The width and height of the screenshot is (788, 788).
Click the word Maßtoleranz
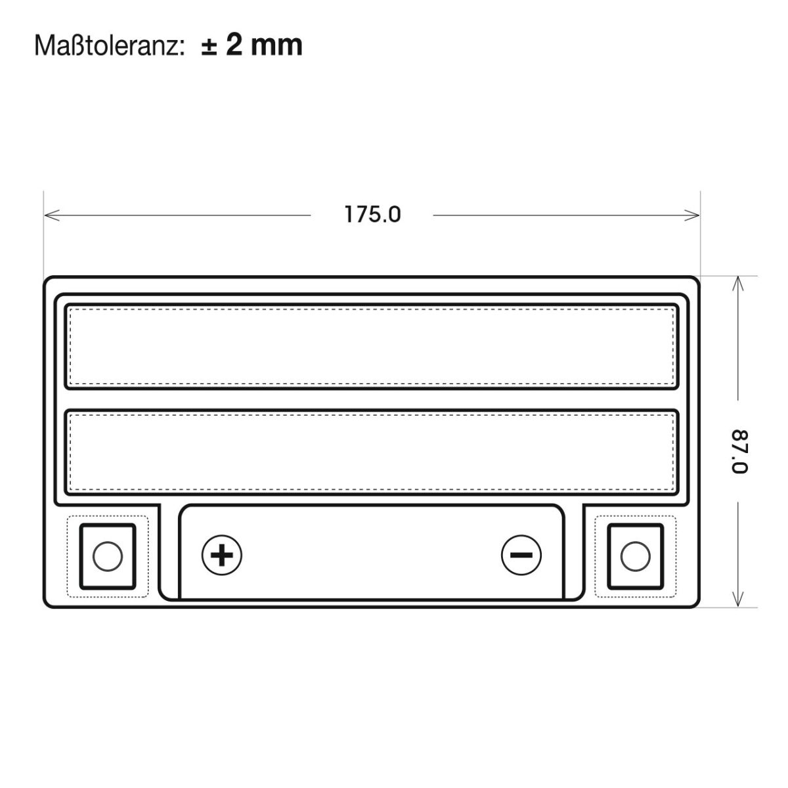point(107,46)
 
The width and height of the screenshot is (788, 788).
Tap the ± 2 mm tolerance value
point(252,45)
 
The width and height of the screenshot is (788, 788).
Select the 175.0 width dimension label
point(372,214)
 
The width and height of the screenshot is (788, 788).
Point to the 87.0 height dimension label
point(739,451)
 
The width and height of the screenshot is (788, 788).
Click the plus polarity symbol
point(222,555)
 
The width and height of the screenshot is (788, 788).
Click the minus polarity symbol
point(521,555)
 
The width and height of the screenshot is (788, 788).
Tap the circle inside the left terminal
point(108,556)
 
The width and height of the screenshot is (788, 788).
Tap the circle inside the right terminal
point(635,556)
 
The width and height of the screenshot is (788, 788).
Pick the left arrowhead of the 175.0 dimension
point(52,215)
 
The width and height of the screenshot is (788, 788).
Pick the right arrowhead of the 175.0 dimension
point(691,215)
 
